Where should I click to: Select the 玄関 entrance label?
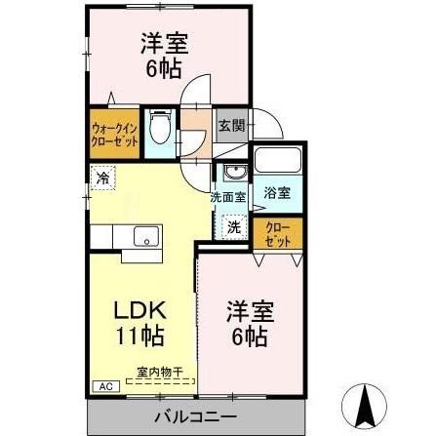coord(229,125)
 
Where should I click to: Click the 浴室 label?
coord(277,193)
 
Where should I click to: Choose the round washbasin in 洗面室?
coord(232,175)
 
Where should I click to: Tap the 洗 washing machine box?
coord(234,226)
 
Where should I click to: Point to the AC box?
coord(103,386)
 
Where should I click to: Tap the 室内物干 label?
coord(155,372)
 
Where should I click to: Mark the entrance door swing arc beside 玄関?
coord(265,125)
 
